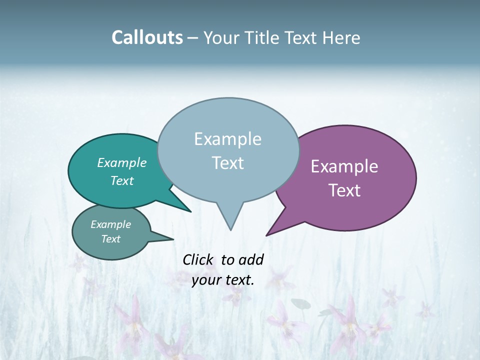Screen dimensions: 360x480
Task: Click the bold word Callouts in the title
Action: click(147, 37)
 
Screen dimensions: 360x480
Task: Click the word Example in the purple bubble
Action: click(344, 166)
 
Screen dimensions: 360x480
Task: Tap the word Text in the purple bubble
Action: click(344, 190)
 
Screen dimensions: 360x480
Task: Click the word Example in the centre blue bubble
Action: click(227, 139)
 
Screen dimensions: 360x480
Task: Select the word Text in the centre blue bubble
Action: click(227, 163)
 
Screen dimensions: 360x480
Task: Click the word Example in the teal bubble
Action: click(121, 162)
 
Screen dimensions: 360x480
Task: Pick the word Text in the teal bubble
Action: click(121, 180)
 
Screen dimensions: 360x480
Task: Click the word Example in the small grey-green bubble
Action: click(110, 224)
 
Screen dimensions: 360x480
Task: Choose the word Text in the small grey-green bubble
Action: click(110, 239)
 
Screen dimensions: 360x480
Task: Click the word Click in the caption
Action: click(198, 259)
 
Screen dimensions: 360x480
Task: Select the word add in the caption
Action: click(251, 259)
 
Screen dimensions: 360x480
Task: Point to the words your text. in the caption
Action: click(223, 280)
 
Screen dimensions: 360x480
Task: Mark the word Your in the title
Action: click(220, 37)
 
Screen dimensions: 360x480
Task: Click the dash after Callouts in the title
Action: click(193, 38)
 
